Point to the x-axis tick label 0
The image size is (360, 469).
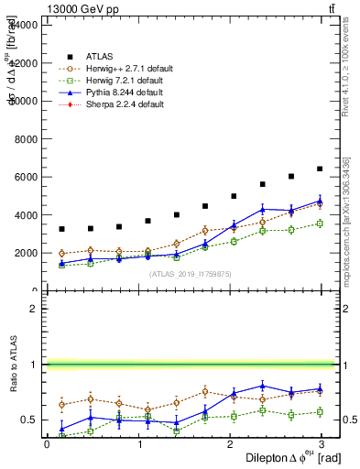[x=47, y=444]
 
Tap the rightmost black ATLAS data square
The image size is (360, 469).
[x=320, y=169]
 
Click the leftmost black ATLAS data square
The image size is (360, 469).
[x=61, y=229]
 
